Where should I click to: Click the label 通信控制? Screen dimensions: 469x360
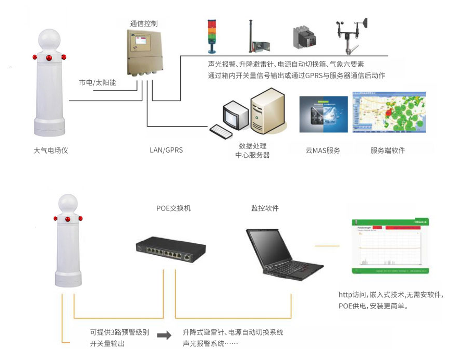coord(143,23)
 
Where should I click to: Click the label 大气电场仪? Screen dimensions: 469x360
coord(51,151)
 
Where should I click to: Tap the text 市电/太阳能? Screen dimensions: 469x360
coord(97,83)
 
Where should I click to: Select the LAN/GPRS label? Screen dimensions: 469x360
coord(166,150)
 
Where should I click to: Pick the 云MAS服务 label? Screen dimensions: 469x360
coord(323,151)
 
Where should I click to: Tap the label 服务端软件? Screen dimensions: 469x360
coord(388,151)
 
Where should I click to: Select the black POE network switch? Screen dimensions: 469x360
coord(171,250)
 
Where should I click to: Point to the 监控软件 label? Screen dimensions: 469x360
coord(265,208)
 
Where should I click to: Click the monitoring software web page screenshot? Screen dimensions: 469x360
coord(391,245)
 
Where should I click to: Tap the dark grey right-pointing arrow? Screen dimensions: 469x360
coord(164,336)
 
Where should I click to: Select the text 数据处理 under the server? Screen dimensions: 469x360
coord(252,146)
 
